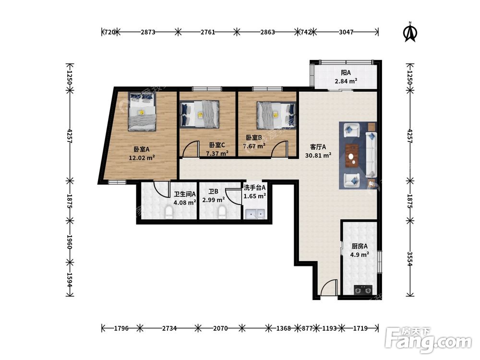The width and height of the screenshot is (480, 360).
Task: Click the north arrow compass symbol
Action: coord(410,32)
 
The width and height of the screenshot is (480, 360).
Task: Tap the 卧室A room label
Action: coord(142,149)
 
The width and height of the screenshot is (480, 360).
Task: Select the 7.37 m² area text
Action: coord(217,153)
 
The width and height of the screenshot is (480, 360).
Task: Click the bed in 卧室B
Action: coord(276,115)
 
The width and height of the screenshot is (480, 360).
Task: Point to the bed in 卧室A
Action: coord(142,111)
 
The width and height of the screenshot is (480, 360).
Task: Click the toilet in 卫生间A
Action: coord(169,213)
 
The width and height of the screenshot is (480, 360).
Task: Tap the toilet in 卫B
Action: coord(222,213)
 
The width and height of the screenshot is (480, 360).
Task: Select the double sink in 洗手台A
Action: coord(255,214)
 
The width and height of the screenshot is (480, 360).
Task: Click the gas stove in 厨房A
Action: coord(363,289)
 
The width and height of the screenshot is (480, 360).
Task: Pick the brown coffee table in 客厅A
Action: coord(353,156)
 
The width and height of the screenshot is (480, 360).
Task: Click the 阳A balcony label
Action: coord(346,73)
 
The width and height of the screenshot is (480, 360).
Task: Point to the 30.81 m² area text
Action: coord(318,155)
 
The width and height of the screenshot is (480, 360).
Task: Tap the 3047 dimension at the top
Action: coord(346,32)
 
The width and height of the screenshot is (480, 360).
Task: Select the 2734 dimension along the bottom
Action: coord(169,328)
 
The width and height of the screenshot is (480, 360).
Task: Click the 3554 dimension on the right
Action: coord(410,259)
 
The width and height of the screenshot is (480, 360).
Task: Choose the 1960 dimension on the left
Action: coord(70,241)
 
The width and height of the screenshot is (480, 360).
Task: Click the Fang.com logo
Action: coord(428,339)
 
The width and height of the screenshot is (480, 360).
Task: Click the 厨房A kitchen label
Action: coord(360,246)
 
